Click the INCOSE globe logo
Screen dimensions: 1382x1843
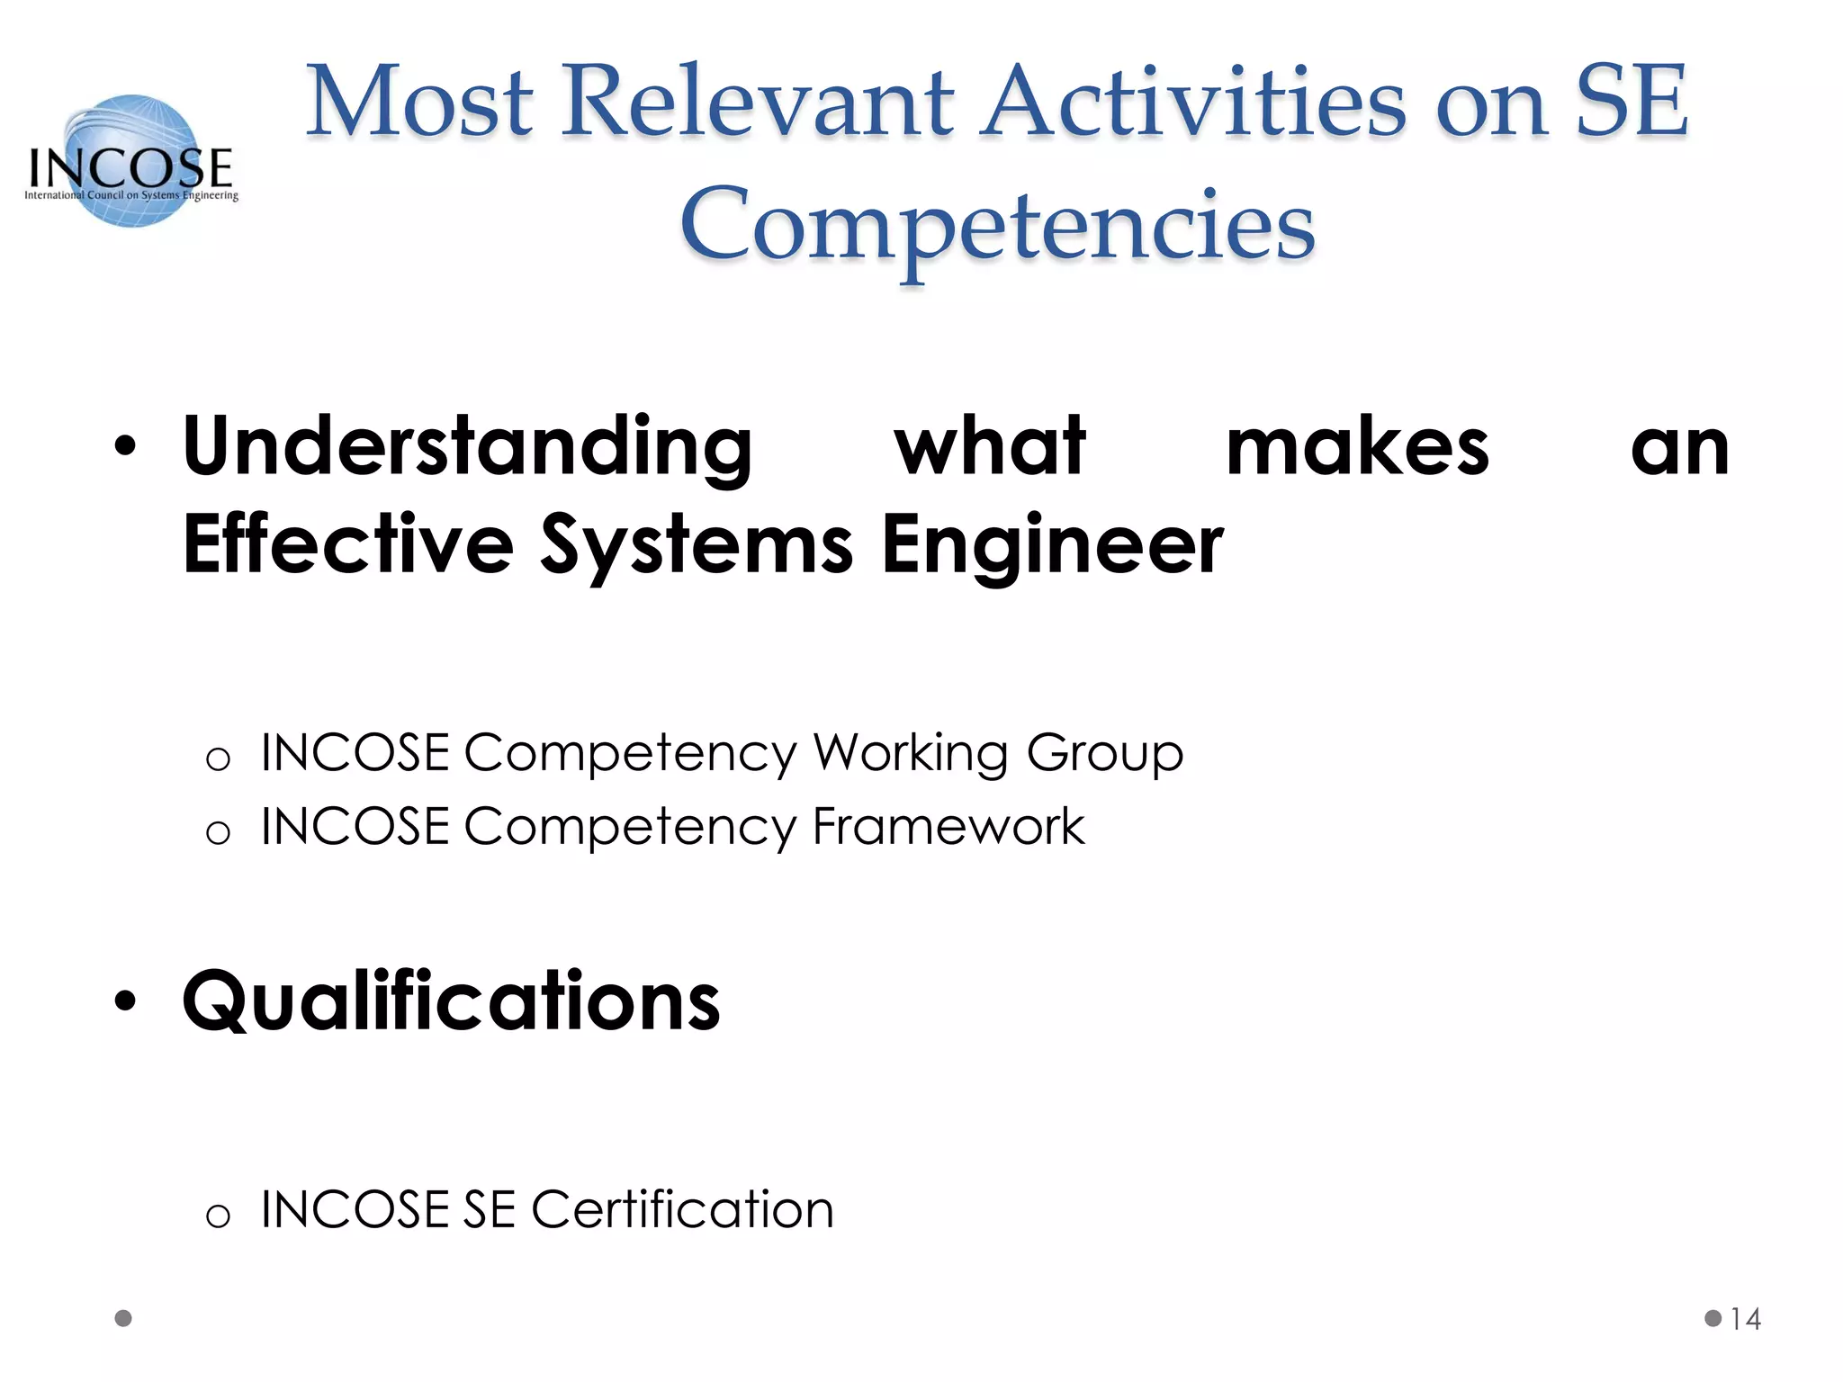pyautogui.click(x=132, y=161)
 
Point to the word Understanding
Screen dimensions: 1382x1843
pyautogui.click(x=467, y=447)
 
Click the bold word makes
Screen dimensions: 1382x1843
pyautogui.click(x=1357, y=447)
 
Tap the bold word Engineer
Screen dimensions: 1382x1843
pyautogui.click(x=1052, y=544)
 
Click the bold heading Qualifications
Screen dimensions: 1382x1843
pyautogui.click(x=451, y=1001)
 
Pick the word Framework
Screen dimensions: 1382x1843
pyautogui.click(x=948, y=826)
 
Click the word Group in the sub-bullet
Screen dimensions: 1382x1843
pyautogui.click(x=1104, y=753)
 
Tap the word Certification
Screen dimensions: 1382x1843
pyautogui.click(x=682, y=1209)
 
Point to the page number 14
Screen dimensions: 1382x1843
pyautogui.click(x=1745, y=1319)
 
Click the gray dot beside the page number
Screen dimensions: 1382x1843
pyautogui.click(x=1713, y=1318)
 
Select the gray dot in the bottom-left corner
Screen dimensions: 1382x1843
pyautogui.click(x=123, y=1318)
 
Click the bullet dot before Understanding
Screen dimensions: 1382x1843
pyautogui.click(x=125, y=446)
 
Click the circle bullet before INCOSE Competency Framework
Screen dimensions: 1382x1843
pyautogui.click(x=218, y=833)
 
